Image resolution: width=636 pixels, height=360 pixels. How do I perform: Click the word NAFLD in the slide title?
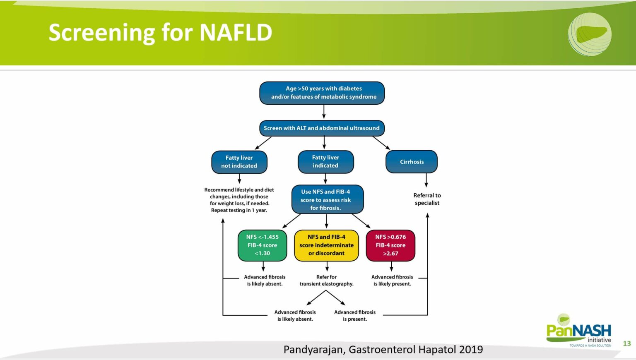pyautogui.click(x=236, y=33)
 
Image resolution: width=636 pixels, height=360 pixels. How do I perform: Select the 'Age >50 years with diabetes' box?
pyautogui.click(x=322, y=93)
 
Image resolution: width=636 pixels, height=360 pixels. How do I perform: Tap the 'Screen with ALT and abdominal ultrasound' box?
pyautogui.click(x=322, y=128)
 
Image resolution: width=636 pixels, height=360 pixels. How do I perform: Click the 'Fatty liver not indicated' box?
pyautogui.click(x=239, y=162)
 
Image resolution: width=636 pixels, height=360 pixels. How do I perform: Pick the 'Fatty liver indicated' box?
pyautogui.click(x=325, y=161)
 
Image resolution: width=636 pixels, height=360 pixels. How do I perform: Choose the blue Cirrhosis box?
pyautogui.click(x=412, y=162)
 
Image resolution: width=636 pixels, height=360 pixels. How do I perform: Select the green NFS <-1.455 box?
pyautogui.click(x=263, y=245)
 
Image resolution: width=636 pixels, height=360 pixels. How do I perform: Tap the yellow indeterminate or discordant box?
pyautogui.click(x=326, y=245)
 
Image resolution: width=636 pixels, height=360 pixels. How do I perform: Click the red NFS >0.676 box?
pyautogui.click(x=390, y=245)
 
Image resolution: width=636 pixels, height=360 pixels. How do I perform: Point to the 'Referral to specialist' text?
pyautogui.click(x=427, y=199)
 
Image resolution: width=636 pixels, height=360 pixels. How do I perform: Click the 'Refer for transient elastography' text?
pyautogui.click(x=326, y=281)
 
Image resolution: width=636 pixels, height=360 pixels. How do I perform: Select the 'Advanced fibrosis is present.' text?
pyautogui.click(x=355, y=316)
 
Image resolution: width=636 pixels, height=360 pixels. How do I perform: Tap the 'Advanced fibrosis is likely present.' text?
pyautogui.click(x=392, y=281)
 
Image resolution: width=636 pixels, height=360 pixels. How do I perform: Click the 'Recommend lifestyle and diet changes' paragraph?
pyautogui.click(x=239, y=200)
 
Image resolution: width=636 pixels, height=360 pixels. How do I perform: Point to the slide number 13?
pyautogui.click(x=627, y=343)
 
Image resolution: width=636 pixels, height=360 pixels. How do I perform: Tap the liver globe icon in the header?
pyautogui.click(x=590, y=34)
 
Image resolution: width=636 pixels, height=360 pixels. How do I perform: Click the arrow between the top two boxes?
pyautogui.click(x=324, y=112)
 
